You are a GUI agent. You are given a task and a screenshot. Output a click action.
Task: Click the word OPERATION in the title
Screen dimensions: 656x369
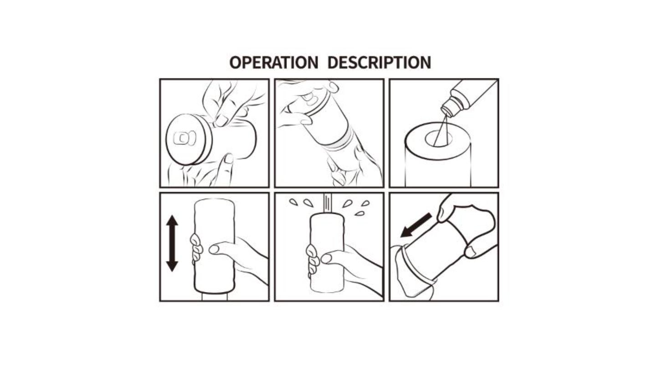point(273,62)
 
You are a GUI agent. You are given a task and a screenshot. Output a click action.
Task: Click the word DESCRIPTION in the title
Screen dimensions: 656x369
point(379,62)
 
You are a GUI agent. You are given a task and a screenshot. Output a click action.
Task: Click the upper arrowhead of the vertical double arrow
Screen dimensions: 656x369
point(172,220)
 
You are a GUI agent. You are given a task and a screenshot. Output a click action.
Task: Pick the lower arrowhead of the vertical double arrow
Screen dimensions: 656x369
point(172,266)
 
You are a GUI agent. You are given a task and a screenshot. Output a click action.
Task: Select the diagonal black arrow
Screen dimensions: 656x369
point(416,225)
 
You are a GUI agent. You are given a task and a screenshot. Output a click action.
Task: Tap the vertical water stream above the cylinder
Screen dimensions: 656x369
point(328,204)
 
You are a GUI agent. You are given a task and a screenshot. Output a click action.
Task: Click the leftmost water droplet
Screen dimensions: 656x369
point(293,202)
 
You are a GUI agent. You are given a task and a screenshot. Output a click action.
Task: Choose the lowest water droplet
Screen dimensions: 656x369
point(359,214)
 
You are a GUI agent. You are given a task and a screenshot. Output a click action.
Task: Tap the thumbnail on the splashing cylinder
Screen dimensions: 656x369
point(326,259)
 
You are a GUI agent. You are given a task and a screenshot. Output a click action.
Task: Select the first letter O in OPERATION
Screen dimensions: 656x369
point(235,62)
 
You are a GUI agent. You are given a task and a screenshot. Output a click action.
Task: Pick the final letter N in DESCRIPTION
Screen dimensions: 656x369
point(425,62)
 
